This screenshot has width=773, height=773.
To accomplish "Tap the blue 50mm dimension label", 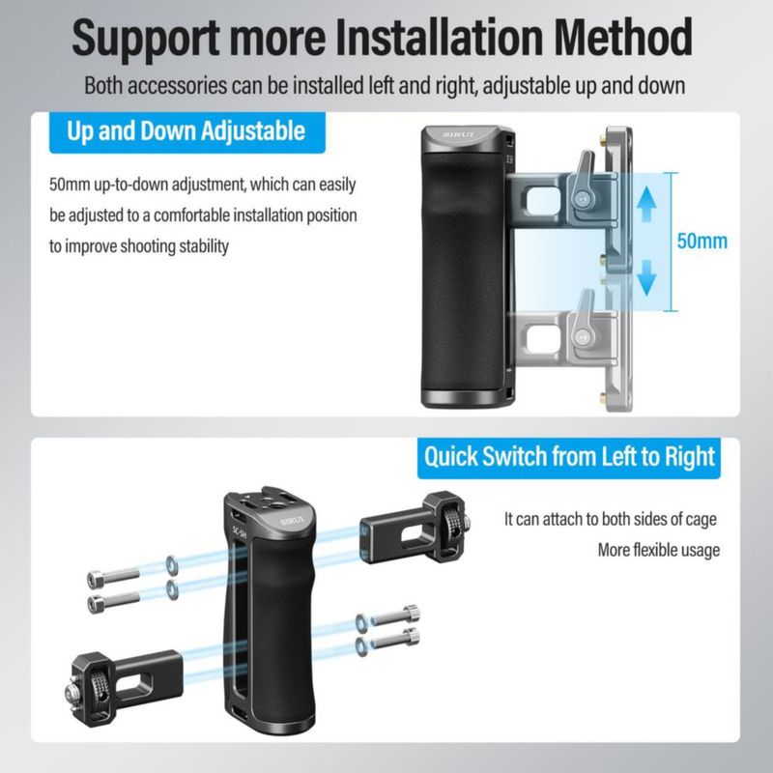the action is point(702,241).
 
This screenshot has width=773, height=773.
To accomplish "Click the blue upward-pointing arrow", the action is point(646,204).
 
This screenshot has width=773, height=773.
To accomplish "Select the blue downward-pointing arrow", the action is point(646,278).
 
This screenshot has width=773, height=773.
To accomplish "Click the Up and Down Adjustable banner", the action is point(186,132).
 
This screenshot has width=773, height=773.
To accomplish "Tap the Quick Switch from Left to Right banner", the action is point(569,457).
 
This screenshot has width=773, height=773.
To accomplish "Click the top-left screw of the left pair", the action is point(113,578).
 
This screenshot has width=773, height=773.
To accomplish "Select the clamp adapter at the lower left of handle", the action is point(126,687).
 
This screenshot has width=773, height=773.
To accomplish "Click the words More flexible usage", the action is point(659,550).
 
